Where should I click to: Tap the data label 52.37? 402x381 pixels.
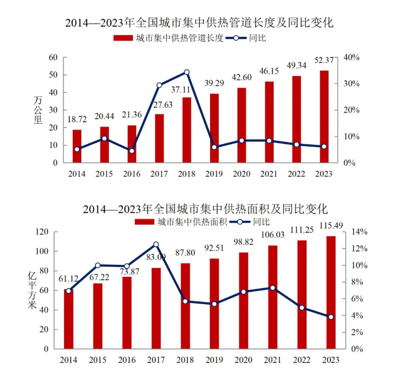pos(324,59)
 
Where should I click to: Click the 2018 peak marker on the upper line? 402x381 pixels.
pos(187,72)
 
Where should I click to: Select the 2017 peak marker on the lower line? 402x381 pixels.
pos(156,244)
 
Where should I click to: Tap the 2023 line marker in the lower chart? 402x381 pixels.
pos(331,317)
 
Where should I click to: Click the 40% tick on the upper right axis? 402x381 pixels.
pos(351,57)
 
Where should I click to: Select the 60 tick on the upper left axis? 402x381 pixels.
pos(53,57)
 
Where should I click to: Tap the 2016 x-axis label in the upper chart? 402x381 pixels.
pos(132,174)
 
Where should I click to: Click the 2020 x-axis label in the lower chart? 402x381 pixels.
pos(243,360)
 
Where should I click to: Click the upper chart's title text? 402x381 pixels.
pos(199,22)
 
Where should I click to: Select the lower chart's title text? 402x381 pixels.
pos(205,208)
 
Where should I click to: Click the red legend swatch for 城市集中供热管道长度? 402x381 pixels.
pos(123,38)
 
